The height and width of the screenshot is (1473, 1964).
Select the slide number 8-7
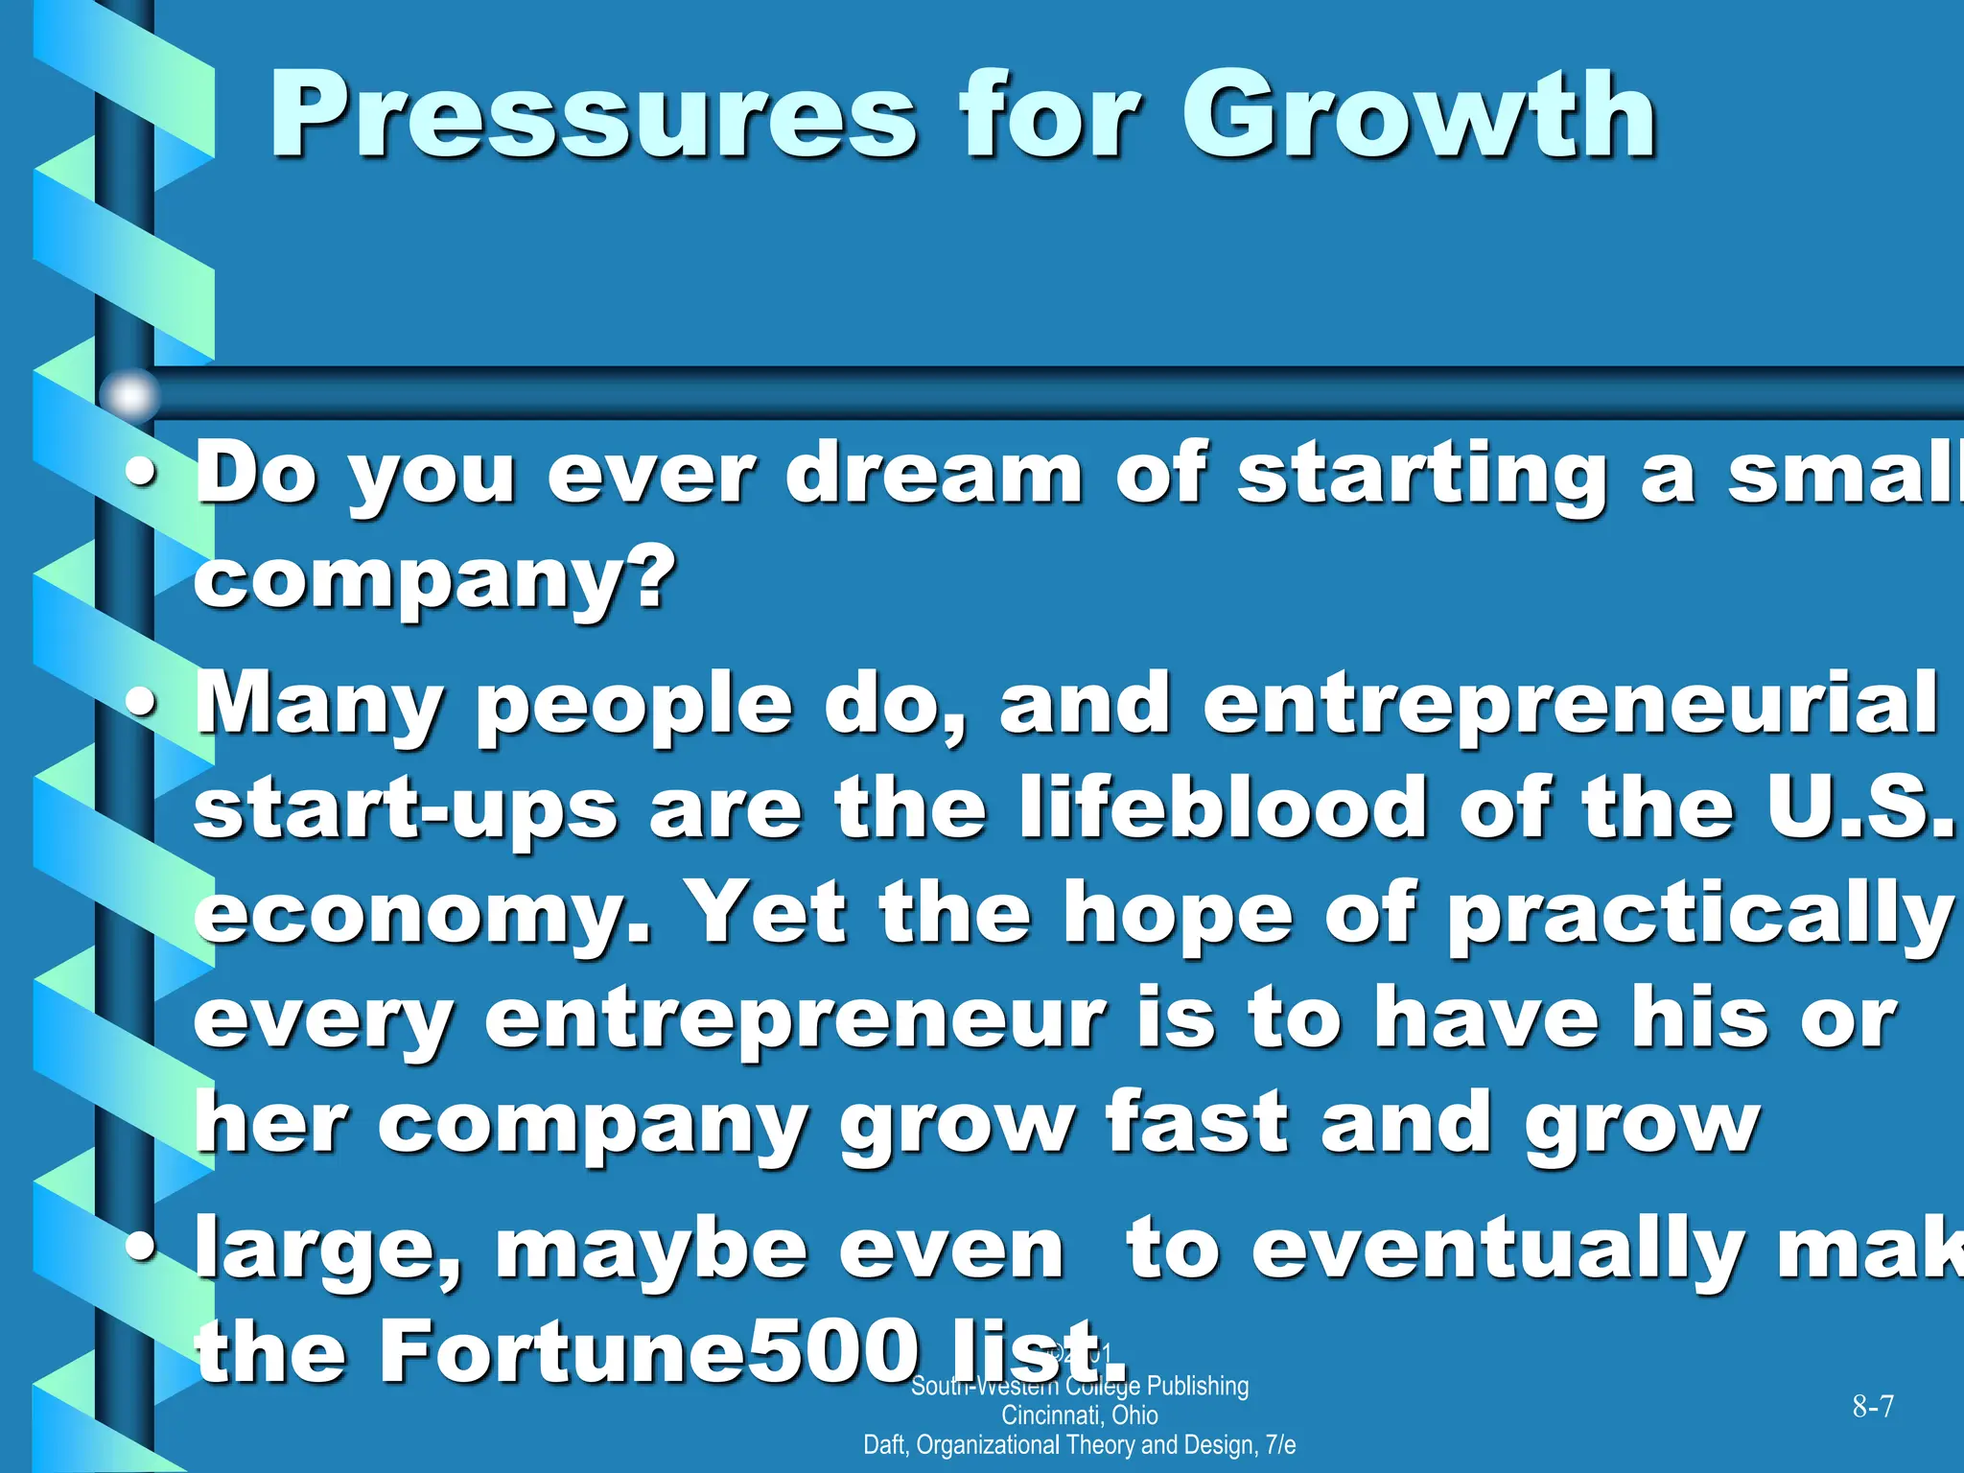point(1873,1407)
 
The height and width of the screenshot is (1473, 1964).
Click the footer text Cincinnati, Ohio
point(1080,1415)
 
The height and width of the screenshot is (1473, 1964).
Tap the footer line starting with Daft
point(1080,1445)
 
